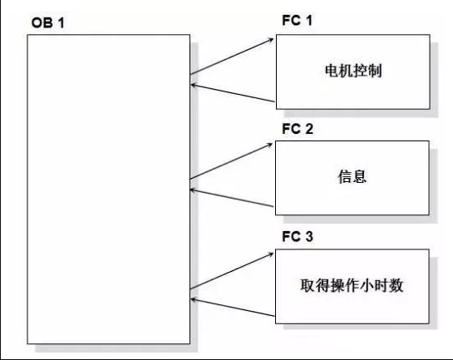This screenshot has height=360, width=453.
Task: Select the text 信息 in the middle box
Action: click(x=352, y=178)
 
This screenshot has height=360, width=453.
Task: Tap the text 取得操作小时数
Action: click(x=352, y=285)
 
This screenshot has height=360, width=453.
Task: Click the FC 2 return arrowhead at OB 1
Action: click(x=194, y=188)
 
